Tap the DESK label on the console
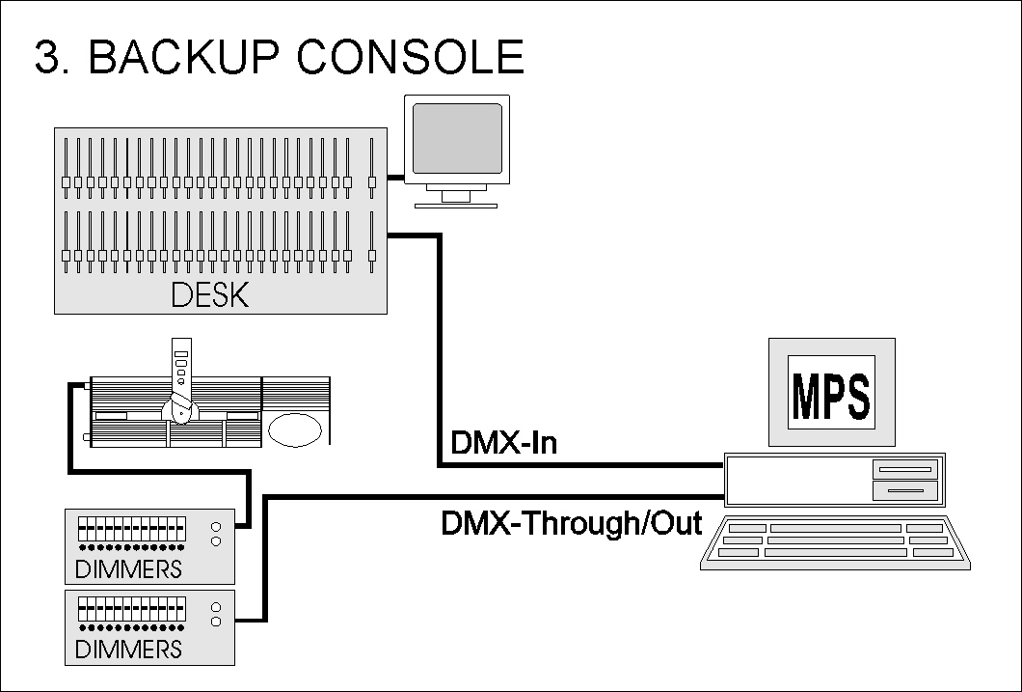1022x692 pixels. coord(209,294)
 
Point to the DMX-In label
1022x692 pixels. coord(503,444)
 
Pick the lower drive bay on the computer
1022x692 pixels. coord(903,491)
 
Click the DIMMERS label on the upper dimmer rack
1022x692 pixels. coord(128,568)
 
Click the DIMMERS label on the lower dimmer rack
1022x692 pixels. coord(128,648)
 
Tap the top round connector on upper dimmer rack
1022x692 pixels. coord(216,527)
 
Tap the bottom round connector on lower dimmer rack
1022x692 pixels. coord(216,621)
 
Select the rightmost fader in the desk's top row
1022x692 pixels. coord(372,180)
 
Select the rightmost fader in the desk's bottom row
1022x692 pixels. coord(372,255)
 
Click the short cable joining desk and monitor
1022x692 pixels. coord(395,178)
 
